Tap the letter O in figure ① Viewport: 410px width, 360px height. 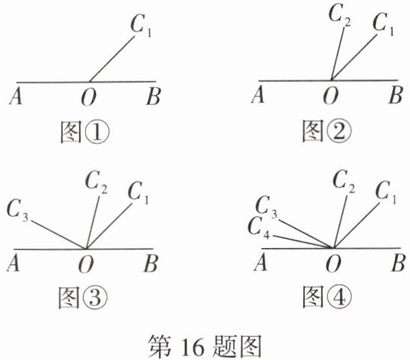click(88, 97)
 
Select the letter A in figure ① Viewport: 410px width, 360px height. click(16, 96)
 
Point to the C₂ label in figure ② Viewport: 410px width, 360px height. click(340, 16)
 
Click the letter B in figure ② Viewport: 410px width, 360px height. click(395, 95)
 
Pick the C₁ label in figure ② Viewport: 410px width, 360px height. click(383, 24)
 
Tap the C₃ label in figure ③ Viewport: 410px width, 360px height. click(17, 210)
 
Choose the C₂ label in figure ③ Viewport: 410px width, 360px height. click(96, 181)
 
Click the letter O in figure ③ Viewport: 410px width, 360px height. click(86, 264)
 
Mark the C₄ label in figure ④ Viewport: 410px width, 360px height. click(259, 229)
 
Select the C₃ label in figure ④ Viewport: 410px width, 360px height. click(266, 208)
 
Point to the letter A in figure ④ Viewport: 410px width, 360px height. click(261, 262)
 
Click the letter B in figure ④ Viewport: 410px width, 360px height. click(398, 263)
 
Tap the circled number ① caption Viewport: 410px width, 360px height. click(96, 132)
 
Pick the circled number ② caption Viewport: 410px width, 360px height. click(338, 131)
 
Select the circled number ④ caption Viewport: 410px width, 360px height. click(339, 297)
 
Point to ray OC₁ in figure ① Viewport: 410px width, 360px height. click(113, 59)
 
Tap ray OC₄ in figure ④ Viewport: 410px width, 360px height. click(302, 241)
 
